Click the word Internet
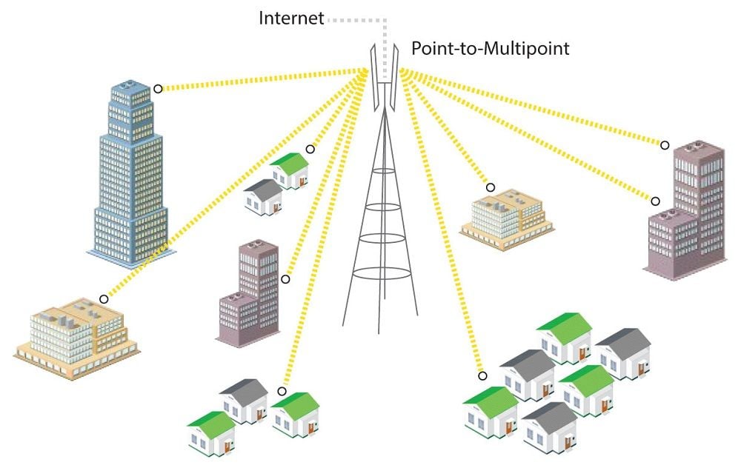[291, 18]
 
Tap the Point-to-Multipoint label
[491, 49]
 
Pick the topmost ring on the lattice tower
[384, 171]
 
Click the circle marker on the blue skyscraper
[158, 89]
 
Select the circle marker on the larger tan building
[104, 299]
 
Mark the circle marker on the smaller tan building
[490, 187]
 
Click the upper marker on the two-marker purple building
[665, 145]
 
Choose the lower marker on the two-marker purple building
[655, 200]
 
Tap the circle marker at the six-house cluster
[482, 375]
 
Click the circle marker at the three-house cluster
[282, 391]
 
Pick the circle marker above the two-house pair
[310, 149]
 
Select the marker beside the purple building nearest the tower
[285, 279]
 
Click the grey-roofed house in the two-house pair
[264, 196]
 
